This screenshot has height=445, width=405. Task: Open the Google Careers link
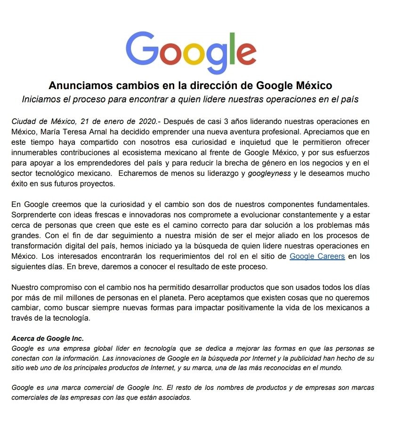(x=317, y=256)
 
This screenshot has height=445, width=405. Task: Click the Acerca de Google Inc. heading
(x=47, y=338)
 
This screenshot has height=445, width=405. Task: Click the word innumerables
(x=34, y=152)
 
